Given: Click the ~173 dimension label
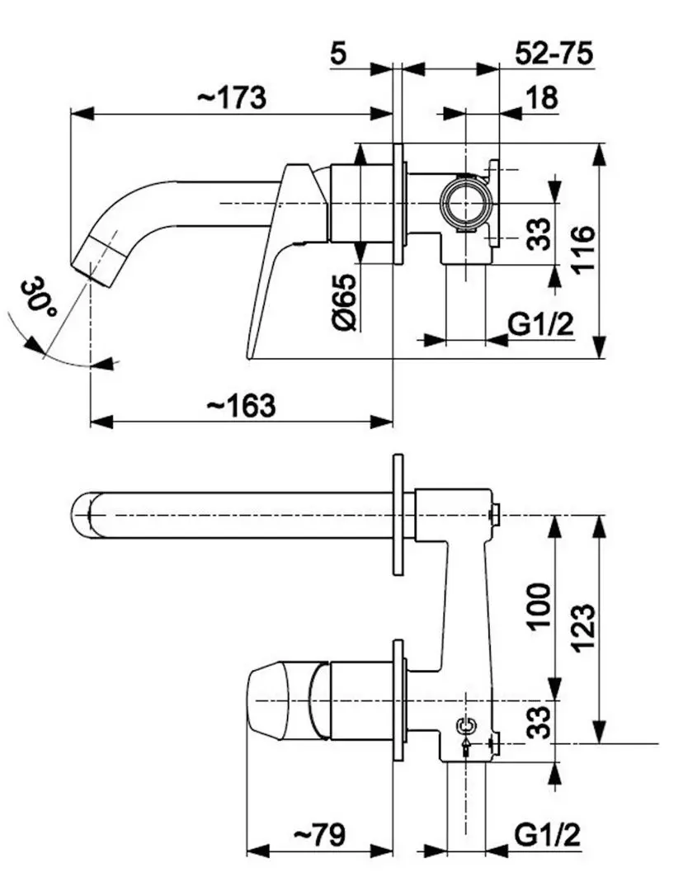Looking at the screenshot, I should pos(232,97).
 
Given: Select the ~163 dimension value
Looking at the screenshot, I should pos(240,405).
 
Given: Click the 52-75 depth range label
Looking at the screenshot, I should pos(554,54).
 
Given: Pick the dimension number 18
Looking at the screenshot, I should pos(541,97).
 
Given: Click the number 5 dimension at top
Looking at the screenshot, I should pos(338,54).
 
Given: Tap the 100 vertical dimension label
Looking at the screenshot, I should pos(539,606).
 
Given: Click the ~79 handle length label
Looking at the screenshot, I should pos(319,835).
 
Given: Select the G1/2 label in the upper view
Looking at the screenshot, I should pos(540,324).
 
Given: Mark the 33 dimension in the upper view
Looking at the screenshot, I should pos(539,233).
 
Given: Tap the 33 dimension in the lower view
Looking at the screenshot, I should pos(539,721).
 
